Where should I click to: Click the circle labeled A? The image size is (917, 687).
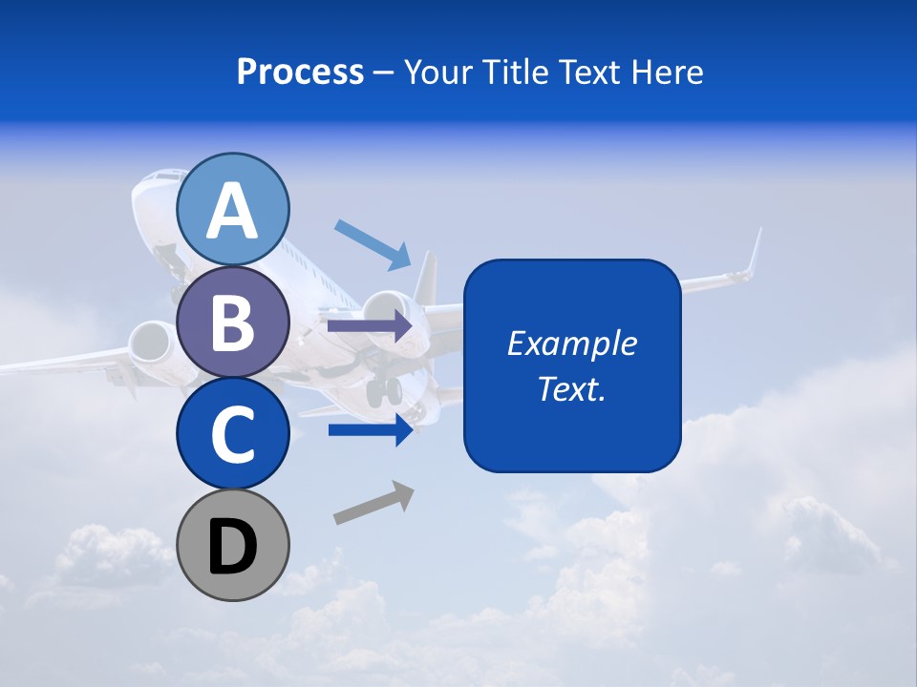point(232,209)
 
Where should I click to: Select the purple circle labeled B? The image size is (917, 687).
point(232,322)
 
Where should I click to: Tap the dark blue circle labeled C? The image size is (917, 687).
point(232,433)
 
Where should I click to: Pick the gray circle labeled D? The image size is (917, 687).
point(232,545)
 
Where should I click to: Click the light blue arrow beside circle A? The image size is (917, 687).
point(373,244)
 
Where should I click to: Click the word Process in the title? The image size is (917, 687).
point(300,72)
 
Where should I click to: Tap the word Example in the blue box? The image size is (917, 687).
point(571,343)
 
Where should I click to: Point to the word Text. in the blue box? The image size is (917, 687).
point(571,388)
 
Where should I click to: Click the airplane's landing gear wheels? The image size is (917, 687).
point(384,389)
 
